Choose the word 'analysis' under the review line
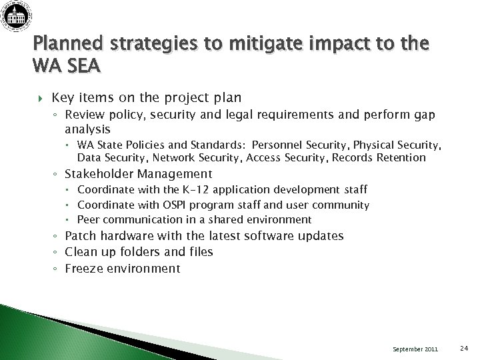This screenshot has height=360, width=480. tap(88, 129)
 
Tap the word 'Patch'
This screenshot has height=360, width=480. tap(80, 236)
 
